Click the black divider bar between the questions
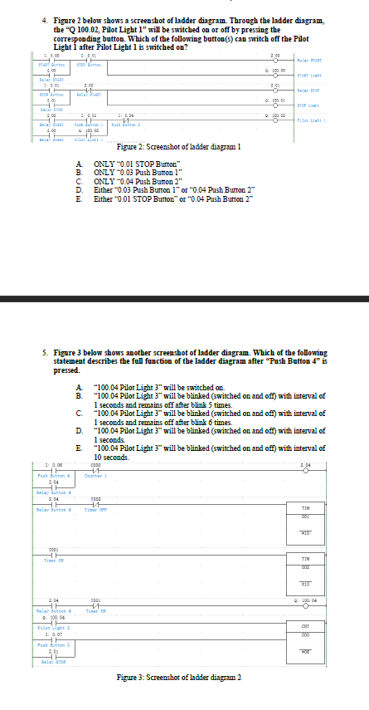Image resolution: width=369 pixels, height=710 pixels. pyautogui.click(x=184, y=298)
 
